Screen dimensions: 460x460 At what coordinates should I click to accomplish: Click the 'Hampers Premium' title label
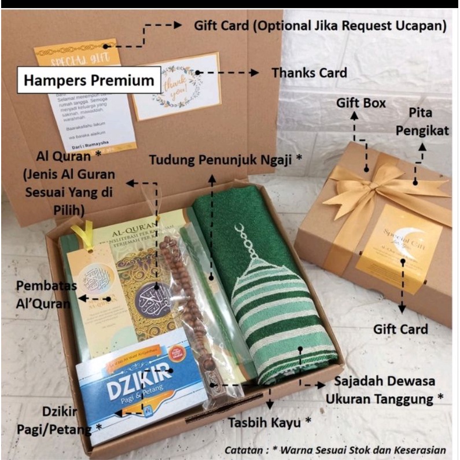(x=89, y=80)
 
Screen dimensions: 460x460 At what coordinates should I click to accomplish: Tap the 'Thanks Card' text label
(x=309, y=73)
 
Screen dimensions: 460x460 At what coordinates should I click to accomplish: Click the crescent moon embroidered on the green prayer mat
(x=241, y=231)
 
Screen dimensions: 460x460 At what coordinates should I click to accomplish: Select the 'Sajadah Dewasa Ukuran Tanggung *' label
(x=385, y=391)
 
